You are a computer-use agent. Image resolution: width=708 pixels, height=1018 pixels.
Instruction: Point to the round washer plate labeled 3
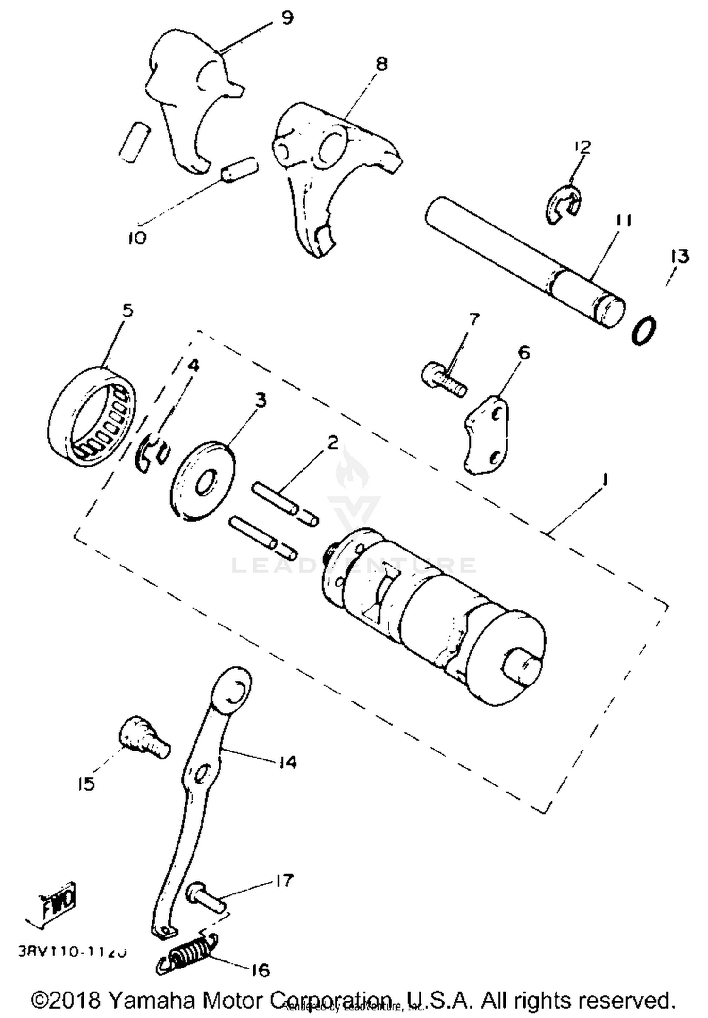[x=202, y=482]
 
